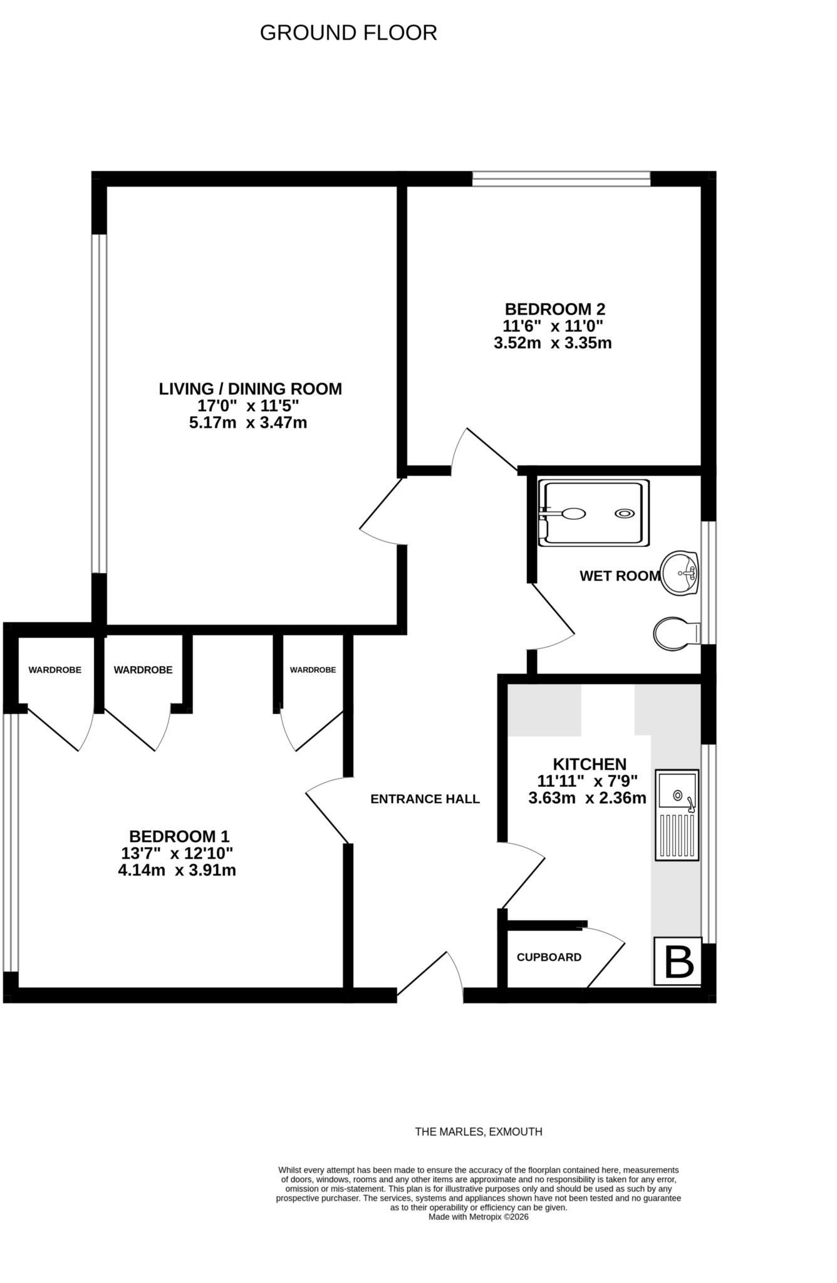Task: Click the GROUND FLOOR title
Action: pyautogui.click(x=348, y=33)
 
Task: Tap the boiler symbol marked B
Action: pyautogui.click(x=677, y=961)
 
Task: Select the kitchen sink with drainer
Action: pyautogui.click(x=677, y=815)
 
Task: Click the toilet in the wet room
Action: pyautogui.click(x=677, y=633)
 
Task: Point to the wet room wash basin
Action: pyautogui.click(x=680, y=572)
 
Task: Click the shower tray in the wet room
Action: pyautogui.click(x=594, y=512)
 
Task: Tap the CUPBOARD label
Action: pyautogui.click(x=549, y=957)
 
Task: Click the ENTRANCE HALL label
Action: pyautogui.click(x=425, y=799)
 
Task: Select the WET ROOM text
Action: pyautogui.click(x=620, y=576)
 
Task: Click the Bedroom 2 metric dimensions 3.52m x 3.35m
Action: pyautogui.click(x=553, y=343)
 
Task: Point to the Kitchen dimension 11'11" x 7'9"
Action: pyautogui.click(x=587, y=781)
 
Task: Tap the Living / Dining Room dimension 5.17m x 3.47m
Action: pyautogui.click(x=248, y=423)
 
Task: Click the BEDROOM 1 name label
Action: pyautogui.click(x=179, y=836)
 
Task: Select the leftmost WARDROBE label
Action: pyautogui.click(x=55, y=670)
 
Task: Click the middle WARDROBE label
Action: pyautogui.click(x=143, y=670)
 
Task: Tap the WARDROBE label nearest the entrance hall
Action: pyautogui.click(x=313, y=670)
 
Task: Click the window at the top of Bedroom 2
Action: pyautogui.click(x=561, y=179)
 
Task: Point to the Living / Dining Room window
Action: pyautogui.click(x=99, y=403)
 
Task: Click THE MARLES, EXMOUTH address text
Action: pyautogui.click(x=479, y=1132)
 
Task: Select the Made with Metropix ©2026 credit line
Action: pyautogui.click(x=479, y=1217)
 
